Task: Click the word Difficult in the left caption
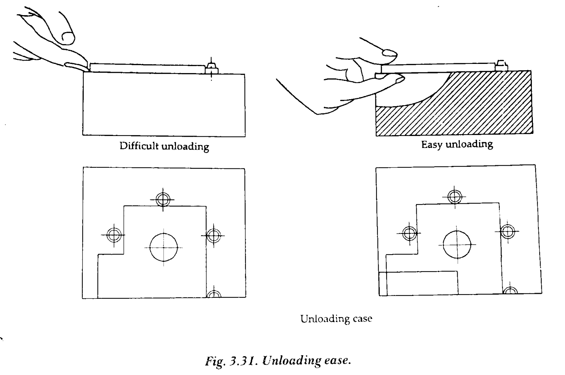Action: point(139,146)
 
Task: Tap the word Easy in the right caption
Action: point(432,145)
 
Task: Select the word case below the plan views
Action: point(362,319)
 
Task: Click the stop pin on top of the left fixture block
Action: point(212,69)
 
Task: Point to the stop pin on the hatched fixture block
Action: point(501,66)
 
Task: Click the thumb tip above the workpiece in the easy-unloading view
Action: point(390,53)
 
